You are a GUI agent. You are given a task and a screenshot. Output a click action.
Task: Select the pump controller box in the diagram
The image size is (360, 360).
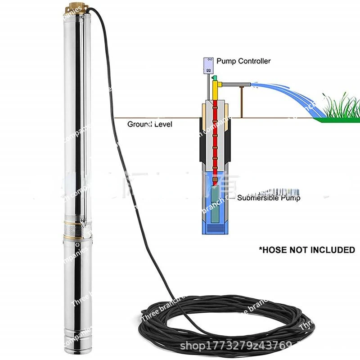coord(208,65)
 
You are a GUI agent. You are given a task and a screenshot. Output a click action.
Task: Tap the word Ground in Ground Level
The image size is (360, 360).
coord(138,124)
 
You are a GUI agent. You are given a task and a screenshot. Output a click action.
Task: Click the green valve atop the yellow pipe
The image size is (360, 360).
coord(215,79)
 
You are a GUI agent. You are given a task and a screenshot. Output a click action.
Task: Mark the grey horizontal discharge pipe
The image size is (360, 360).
coord(234,84)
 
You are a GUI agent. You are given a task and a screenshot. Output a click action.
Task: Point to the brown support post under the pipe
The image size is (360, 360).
coord(242,101)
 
